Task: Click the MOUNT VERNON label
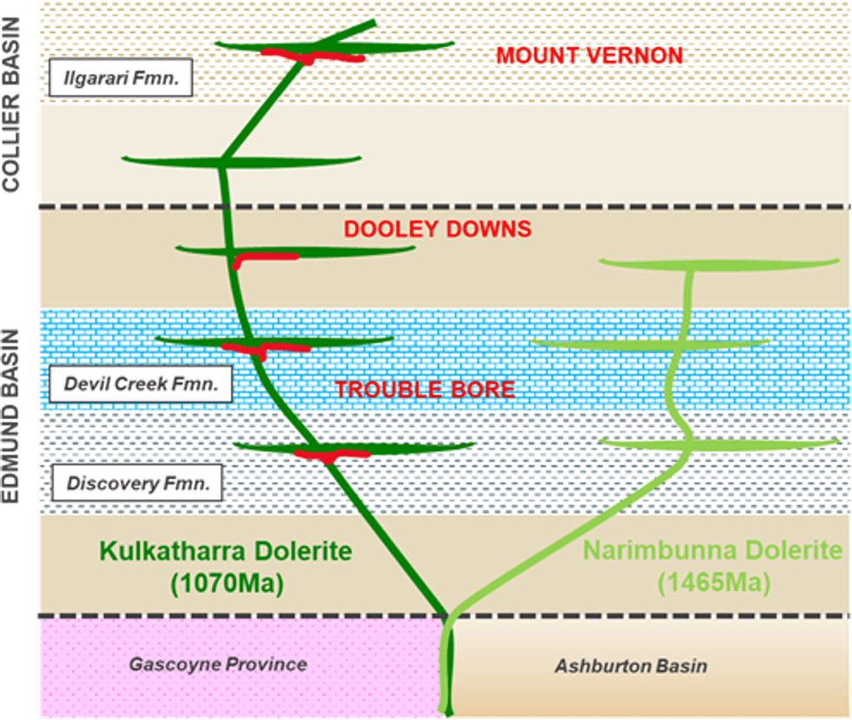(x=589, y=56)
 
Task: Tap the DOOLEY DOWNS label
(x=437, y=229)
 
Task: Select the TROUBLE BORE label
(x=425, y=389)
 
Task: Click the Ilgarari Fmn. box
(x=121, y=79)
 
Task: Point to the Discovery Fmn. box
(x=136, y=483)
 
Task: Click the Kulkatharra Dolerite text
(x=225, y=550)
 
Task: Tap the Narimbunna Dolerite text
(x=712, y=550)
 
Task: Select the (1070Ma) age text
(x=225, y=583)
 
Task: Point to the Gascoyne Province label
(x=217, y=664)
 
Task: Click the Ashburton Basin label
(x=630, y=666)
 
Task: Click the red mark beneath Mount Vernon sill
(x=313, y=57)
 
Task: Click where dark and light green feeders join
(x=446, y=615)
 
